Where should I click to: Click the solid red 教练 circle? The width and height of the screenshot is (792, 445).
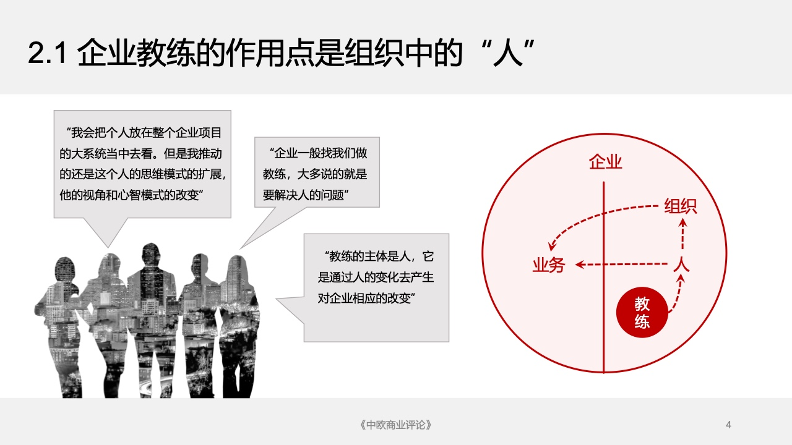click(x=642, y=313)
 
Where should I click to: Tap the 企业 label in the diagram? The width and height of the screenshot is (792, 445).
click(x=605, y=162)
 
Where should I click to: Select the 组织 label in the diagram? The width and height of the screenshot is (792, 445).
click(x=680, y=206)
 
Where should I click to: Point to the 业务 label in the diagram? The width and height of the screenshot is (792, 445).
click(x=549, y=265)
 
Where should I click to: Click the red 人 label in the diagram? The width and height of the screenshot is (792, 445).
click(x=681, y=264)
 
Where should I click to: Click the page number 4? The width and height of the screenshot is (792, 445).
click(x=728, y=425)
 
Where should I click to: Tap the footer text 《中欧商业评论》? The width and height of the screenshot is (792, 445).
click(x=395, y=425)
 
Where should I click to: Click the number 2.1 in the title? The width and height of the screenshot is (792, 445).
click(x=48, y=53)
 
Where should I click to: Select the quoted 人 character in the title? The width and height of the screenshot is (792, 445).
click(x=508, y=53)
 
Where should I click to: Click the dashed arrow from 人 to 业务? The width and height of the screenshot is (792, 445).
click(x=621, y=264)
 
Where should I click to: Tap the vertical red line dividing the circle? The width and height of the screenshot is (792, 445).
click(x=603, y=278)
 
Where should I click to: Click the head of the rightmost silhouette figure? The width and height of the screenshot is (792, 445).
click(x=236, y=268)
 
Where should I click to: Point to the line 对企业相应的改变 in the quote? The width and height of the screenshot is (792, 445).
click(x=366, y=299)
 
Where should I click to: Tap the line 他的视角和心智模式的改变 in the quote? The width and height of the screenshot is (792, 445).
click(x=131, y=195)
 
